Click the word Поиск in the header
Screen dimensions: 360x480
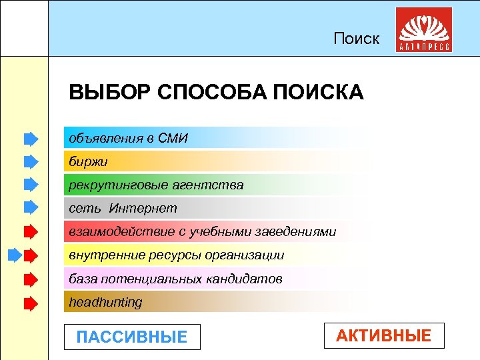357,39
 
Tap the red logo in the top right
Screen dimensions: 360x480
423,30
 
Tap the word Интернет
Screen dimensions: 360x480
143,208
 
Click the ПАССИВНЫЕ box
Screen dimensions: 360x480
132,337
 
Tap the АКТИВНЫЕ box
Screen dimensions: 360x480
383,335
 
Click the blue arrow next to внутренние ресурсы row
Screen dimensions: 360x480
15,255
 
